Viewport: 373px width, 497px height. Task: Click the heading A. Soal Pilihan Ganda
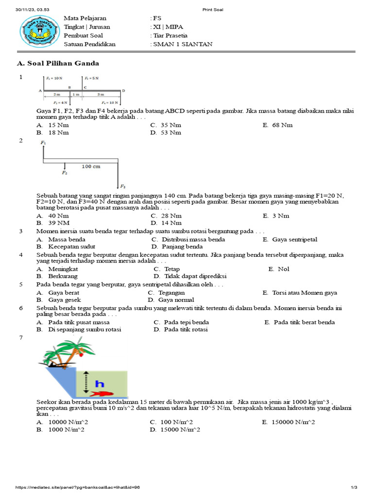58,63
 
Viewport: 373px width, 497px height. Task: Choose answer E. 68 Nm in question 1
278,125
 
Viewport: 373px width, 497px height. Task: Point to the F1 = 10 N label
54,78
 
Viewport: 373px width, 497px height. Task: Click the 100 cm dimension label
91,166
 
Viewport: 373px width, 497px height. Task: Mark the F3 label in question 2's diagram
123,186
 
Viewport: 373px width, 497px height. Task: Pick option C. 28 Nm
167,215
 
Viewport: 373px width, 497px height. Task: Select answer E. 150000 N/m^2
288,422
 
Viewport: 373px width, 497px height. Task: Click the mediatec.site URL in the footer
78,487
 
